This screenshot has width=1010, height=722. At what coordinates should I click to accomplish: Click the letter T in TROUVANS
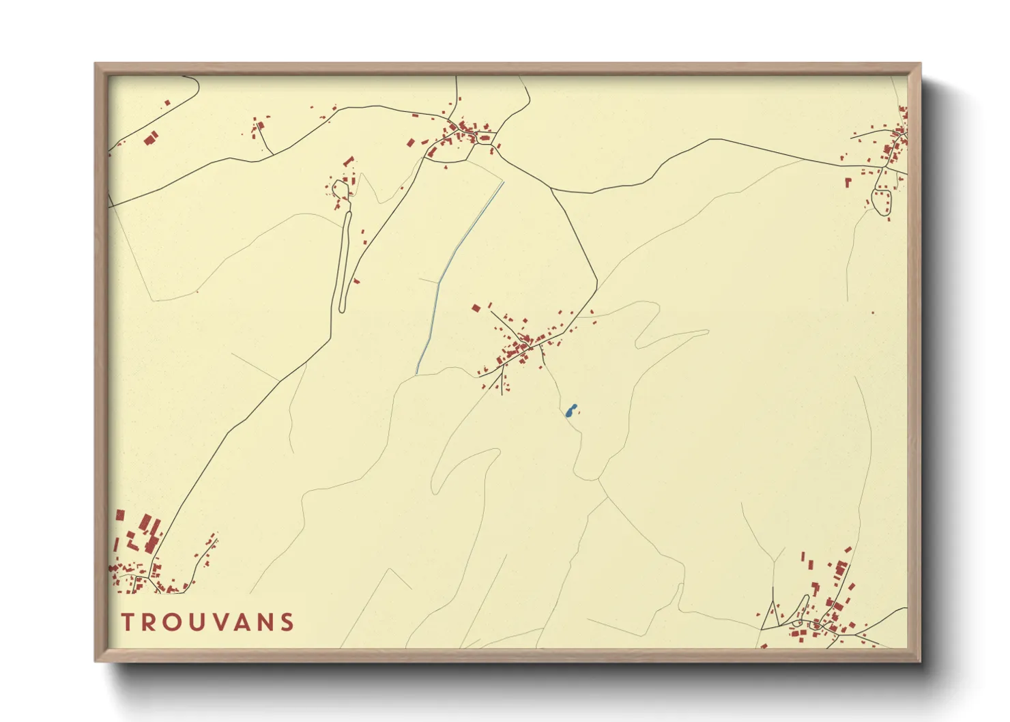pos(128,622)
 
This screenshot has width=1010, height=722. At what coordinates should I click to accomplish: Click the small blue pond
pos(571,410)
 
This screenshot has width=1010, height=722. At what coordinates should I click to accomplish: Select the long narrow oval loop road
pos(345,259)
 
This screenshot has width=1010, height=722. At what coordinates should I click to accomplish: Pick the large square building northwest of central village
pos(476,308)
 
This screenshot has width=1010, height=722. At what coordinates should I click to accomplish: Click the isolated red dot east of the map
pos(873,313)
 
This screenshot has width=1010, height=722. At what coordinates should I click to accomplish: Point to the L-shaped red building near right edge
pos(848,182)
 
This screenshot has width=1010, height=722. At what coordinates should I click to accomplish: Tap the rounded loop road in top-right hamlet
pos(882,203)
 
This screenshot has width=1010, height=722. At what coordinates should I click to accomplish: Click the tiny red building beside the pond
pos(579,411)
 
